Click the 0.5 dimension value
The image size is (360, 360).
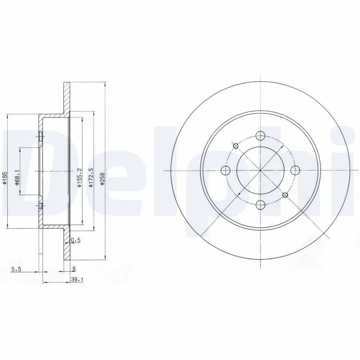point(76,240)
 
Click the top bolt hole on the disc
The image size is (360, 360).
point(260,135)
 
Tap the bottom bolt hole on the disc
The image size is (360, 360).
point(260,205)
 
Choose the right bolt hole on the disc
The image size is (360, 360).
point(295,170)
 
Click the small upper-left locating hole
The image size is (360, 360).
point(235,145)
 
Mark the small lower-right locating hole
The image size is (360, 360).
point(285,195)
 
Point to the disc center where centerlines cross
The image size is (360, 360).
point(260,170)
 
